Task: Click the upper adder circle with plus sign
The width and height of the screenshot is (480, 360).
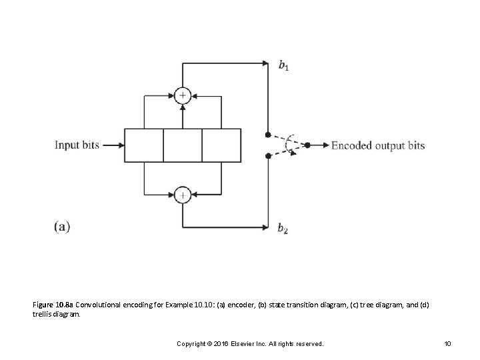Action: (x=183, y=95)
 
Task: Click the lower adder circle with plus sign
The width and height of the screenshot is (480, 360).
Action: (x=183, y=195)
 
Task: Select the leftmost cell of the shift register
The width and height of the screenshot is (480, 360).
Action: (x=144, y=145)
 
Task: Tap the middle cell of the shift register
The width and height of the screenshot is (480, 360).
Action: (x=183, y=145)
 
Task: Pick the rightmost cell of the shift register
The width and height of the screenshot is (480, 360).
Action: (x=221, y=145)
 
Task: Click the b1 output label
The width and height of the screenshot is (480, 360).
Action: (x=283, y=65)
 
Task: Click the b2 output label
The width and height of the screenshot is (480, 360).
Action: (x=283, y=229)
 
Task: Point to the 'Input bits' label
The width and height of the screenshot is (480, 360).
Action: (x=77, y=145)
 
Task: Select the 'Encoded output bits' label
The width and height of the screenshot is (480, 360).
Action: (x=378, y=145)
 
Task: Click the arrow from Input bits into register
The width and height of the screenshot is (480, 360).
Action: (x=113, y=145)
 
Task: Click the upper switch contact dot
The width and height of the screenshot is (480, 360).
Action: (x=267, y=134)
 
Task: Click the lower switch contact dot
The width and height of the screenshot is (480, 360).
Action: (x=267, y=156)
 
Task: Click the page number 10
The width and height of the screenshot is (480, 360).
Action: (x=447, y=343)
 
